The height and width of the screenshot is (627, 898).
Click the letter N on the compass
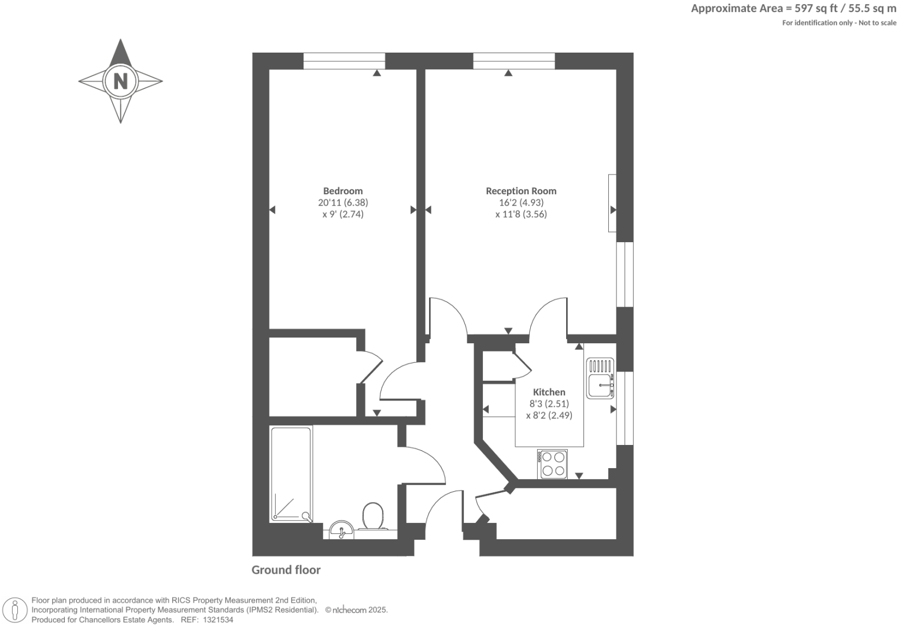pyautogui.click(x=120, y=81)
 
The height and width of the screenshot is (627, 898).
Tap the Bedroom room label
pyautogui.click(x=343, y=191)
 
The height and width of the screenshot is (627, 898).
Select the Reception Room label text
pyautogui.click(x=521, y=191)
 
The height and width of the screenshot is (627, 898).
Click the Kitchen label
pyautogui.click(x=549, y=392)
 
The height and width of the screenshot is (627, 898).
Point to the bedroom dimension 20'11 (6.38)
pyautogui.click(x=343, y=202)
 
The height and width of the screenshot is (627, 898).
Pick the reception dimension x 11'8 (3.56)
pyautogui.click(x=521, y=214)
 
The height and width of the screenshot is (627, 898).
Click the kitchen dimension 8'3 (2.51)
pyautogui.click(x=549, y=403)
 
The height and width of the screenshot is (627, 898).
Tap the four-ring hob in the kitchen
pyautogui.click(x=552, y=463)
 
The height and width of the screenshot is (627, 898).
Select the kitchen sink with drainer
pyautogui.click(x=600, y=379)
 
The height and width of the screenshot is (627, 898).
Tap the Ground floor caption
pyautogui.click(x=286, y=570)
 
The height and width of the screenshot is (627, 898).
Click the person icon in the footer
pyautogui.click(x=14, y=610)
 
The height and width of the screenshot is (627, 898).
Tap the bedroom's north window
pyautogui.click(x=344, y=61)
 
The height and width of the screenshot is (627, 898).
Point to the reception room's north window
pyautogui.click(x=514, y=61)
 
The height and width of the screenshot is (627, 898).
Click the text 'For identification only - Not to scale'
pyautogui.click(x=838, y=23)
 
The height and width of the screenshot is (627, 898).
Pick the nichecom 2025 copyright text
pyautogui.click(x=356, y=610)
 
